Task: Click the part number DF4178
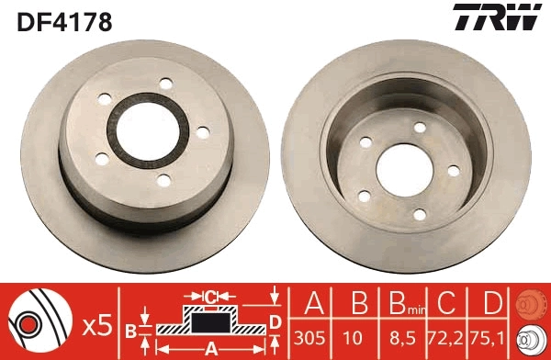(62, 21)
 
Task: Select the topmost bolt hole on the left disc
(166, 84)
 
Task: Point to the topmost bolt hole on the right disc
(420, 128)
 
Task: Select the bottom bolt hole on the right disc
(420, 214)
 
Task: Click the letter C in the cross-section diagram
(209, 297)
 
